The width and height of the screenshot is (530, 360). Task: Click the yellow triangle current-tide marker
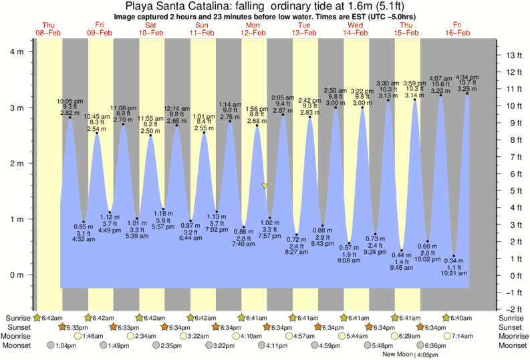click(265, 186)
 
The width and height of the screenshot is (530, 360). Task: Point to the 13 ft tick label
click(513, 55)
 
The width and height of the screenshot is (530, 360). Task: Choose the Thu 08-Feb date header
click(49, 28)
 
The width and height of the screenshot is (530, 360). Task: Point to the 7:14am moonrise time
click(463, 336)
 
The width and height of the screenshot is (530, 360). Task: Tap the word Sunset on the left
click(19, 327)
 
